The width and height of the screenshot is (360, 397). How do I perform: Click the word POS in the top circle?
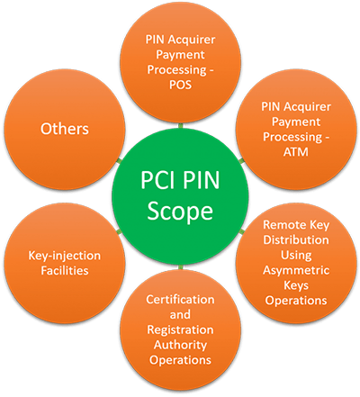(x=180, y=85)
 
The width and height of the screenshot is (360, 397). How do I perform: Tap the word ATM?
(x=296, y=152)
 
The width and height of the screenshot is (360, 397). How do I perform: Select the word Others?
(x=65, y=129)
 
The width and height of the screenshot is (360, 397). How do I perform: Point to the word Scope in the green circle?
(x=180, y=212)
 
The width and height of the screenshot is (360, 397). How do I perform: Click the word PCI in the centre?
(x=158, y=180)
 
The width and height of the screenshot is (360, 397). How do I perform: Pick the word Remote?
(x=281, y=225)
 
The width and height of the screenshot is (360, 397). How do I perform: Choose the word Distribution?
(x=296, y=239)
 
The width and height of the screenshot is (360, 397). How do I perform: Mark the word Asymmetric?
(x=296, y=270)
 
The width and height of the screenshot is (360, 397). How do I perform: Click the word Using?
(x=296, y=256)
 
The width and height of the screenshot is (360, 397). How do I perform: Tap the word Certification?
(x=180, y=300)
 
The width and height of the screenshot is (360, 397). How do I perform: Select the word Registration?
(x=180, y=330)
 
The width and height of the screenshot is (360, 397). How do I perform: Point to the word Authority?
(x=180, y=345)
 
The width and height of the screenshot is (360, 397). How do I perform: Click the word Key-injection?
(x=65, y=256)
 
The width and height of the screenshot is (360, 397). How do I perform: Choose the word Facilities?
(x=65, y=271)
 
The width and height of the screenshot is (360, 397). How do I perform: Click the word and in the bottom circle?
(x=180, y=314)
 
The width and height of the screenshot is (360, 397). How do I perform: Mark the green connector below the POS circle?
(x=180, y=125)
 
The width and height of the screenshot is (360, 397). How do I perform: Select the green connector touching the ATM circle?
(x=242, y=161)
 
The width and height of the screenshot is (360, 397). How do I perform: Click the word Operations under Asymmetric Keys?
(x=296, y=301)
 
